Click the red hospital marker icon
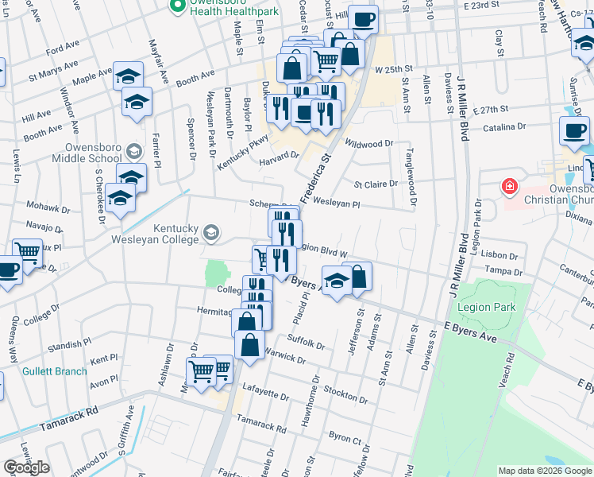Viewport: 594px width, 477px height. click(x=509, y=188)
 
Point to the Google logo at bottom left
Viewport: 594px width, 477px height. click(x=26, y=467)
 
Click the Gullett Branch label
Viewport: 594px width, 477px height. click(x=55, y=371)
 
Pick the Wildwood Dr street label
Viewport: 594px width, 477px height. click(x=370, y=144)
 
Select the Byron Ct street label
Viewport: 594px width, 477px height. click(x=345, y=438)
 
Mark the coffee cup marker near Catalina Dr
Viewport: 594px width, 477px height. click(x=574, y=130)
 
